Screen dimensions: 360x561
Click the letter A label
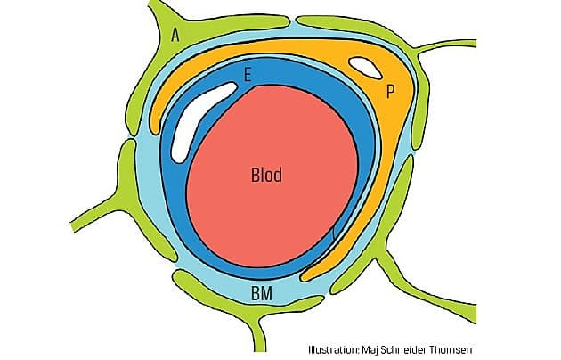pyautogui.click(x=175, y=35)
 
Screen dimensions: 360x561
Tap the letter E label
pyautogui.click(x=248, y=78)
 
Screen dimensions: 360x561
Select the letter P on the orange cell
pyautogui.click(x=389, y=91)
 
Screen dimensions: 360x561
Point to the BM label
pyautogui.click(x=262, y=292)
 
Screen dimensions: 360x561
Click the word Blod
pyautogui.click(x=266, y=176)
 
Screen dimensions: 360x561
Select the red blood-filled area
pyautogui.click(x=267, y=205)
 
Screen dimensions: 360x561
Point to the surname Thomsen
pyautogui.click(x=498, y=348)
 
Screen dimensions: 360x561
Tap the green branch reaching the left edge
pyautogui.click(x=89, y=214)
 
